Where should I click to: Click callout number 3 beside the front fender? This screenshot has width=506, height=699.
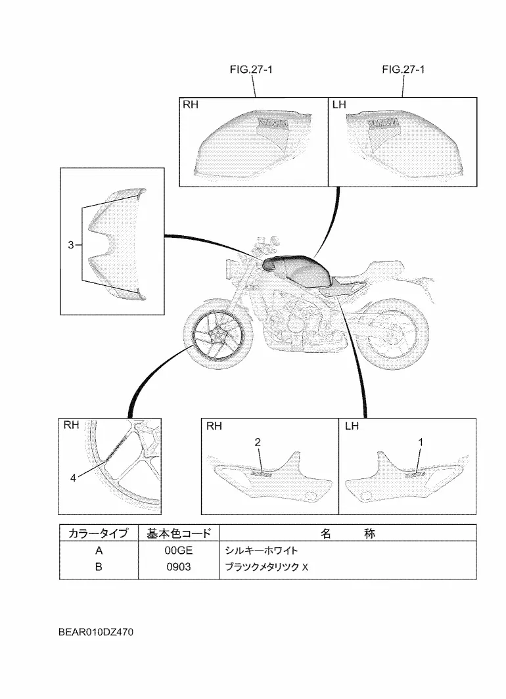click(x=70, y=245)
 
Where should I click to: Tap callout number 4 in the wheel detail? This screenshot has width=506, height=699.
click(x=74, y=478)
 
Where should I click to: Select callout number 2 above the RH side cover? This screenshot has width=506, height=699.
click(x=258, y=443)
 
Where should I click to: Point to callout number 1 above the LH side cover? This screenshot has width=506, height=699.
click(x=420, y=443)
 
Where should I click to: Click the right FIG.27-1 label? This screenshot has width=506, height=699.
click(x=403, y=70)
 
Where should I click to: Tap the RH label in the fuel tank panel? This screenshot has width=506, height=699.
click(x=190, y=105)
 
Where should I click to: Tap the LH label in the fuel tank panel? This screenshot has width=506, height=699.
click(x=340, y=105)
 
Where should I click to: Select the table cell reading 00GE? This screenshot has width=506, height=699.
click(x=177, y=551)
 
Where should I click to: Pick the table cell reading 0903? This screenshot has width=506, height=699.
click(x=177, y=566)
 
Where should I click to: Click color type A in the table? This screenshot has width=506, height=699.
click(x=99, y=551)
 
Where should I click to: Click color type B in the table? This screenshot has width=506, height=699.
click(x=99, y=566)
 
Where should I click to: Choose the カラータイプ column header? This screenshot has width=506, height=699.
click(x=99, y=533)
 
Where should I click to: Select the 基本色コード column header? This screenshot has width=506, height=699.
click(x=178, y=533)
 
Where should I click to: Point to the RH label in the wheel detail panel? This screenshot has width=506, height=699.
click(x=72, y=425)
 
